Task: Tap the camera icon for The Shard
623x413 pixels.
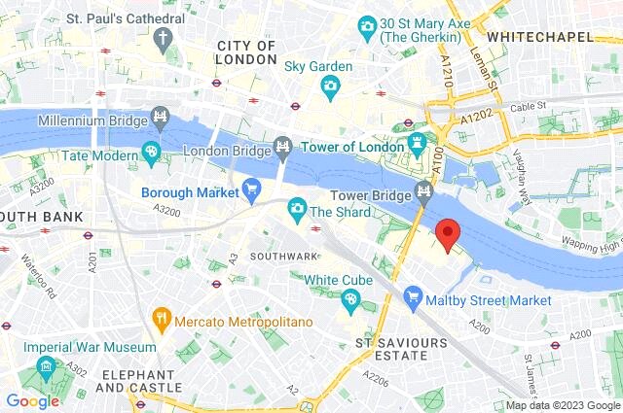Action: pos(297,208)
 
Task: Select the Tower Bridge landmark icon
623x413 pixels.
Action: pos(424,191)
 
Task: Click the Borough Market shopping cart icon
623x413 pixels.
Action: pos(252,190)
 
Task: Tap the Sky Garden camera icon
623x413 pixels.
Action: pos(329,88)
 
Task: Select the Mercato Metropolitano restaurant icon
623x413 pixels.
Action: pos(162,319)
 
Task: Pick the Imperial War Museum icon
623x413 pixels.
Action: pos(46,367)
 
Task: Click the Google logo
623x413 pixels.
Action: pos(32,400)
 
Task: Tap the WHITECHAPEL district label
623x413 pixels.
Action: pos(539,36)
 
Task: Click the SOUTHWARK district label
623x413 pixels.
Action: pos(283,257)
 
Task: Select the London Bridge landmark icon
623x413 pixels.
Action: pos(282,147)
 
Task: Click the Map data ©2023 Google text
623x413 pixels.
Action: pos(562,405)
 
